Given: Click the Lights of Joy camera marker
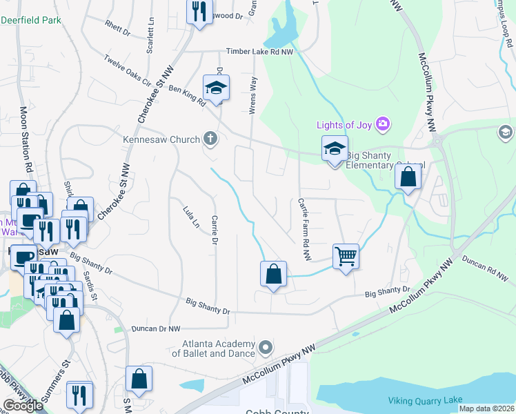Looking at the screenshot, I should [x=383, y=125].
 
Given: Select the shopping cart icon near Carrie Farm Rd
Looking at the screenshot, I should [x=346, y=256].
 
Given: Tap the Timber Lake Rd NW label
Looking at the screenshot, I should [x=261, y=51].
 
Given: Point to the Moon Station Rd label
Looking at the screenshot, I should [x=26, y=139].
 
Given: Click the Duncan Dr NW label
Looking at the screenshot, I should [x=155, y=329].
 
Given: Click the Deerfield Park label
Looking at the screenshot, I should [x=30, y=20].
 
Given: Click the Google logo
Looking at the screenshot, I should [x=22, y=405].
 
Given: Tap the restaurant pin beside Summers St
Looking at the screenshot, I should [x=80, y=394].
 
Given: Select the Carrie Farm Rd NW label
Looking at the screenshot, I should [x=302, y=230].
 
